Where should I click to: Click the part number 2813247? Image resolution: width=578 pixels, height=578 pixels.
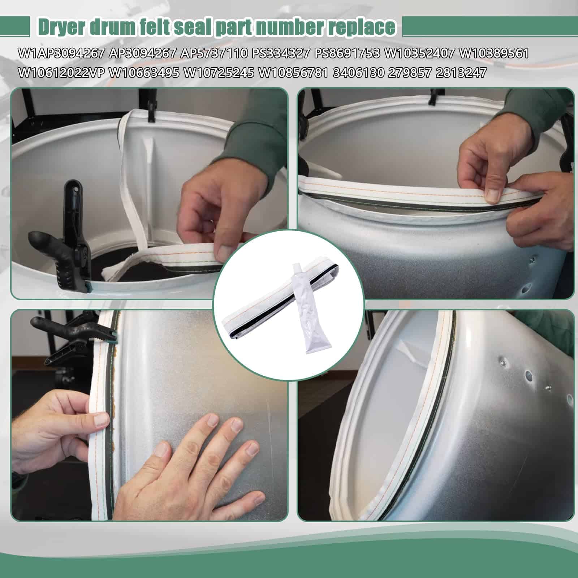[x=461, y=73]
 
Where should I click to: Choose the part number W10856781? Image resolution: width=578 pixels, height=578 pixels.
[x=293, y=73]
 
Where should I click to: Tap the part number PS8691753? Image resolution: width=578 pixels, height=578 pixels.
[x=347, y=53]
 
